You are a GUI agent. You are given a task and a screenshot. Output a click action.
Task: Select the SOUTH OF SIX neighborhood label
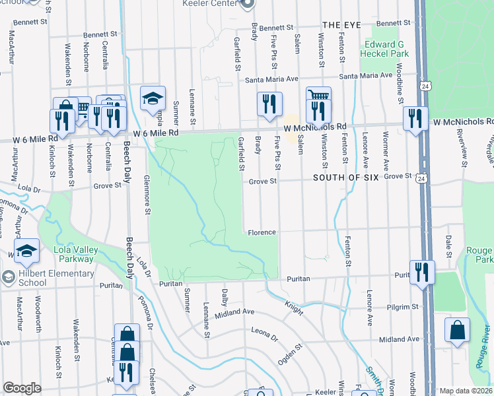tap(343, 178)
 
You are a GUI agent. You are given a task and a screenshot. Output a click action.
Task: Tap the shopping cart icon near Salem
tap(318, 97)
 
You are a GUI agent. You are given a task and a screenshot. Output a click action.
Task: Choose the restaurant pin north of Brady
tap(268, 103)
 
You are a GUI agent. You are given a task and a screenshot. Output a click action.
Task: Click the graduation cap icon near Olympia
tap(153, 98)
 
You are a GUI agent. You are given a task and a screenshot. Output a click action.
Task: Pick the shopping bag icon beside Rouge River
tap(457, 329)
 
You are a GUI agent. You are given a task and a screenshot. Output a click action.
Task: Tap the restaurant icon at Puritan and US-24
tap(421, 271)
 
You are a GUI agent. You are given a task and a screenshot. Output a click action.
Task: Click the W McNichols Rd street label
tap(315, 127)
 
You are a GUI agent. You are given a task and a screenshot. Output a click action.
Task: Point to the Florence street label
tap(261, 232)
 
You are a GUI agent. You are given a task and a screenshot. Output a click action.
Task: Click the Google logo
tap(22, 388)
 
